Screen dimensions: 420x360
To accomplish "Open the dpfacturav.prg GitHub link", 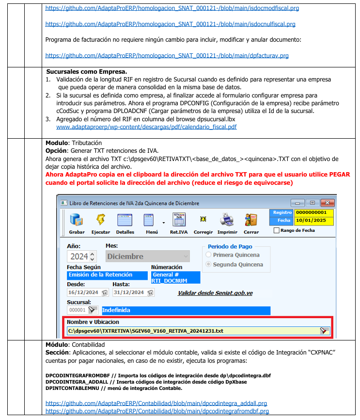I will tap(167, 56).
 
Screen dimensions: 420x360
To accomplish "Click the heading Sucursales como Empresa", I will tap(86, 71).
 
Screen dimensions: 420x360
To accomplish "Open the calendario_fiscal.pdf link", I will tap(146, 127).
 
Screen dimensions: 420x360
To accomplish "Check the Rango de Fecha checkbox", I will tap(277, 231).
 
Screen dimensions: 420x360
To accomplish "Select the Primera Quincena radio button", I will tap(209, 255).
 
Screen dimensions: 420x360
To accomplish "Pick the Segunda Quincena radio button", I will tap(209, 265).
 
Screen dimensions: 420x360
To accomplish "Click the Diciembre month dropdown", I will tap(147, 256).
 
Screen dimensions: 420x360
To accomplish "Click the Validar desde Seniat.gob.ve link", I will tap(215, 293).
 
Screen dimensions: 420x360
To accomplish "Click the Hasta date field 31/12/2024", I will tap(129, 292).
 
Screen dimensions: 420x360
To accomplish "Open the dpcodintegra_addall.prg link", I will tap(156, 403).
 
